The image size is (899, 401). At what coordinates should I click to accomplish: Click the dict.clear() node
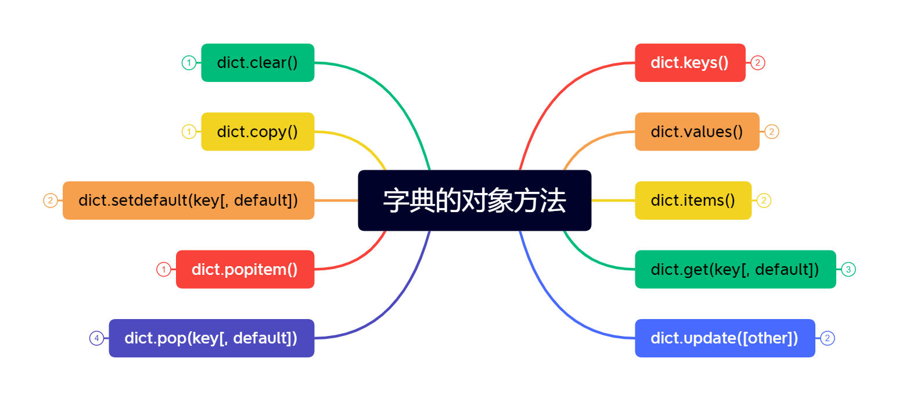coord(257,63)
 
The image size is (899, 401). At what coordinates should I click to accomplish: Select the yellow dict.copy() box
coord(257,131)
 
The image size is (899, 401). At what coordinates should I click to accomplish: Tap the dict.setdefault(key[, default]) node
coord(188,201)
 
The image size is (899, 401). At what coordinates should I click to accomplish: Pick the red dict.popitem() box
coord(244,269)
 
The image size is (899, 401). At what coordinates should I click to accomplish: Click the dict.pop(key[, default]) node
coord(211,338)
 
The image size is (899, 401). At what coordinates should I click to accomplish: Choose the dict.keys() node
coord(690,63)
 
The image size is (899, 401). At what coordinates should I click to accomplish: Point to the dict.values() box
coord(697,131)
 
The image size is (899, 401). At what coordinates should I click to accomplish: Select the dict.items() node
coord(693,201)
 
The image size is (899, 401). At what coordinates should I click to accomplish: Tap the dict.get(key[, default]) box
coord(735,269)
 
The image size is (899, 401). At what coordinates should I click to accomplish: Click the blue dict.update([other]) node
coord(725,338)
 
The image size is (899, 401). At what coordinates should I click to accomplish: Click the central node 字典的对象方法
coord(474,201)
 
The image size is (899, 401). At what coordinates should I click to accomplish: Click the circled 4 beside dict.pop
coord(96,338)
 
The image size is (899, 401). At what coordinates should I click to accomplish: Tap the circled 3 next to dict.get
coord(848,269)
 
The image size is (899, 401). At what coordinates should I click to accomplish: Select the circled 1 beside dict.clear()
coord(189,63)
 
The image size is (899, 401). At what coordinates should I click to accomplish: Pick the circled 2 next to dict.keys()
coord(757,63)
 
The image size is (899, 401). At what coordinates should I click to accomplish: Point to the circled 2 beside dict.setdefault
coord(51,201)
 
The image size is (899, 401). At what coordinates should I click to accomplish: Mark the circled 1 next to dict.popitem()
coord(164,269)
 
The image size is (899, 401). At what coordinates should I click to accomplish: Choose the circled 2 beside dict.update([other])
coord(828,338)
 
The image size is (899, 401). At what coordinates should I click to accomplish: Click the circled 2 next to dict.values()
coord(772,131)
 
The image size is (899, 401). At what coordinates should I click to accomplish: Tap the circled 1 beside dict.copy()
coord(189,131)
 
